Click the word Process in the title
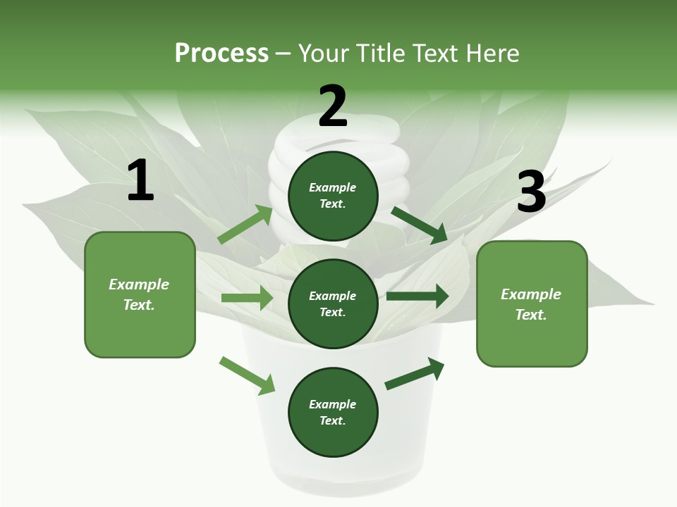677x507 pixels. coord(221,54)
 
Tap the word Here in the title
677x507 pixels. coord(491,54)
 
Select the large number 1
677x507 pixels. coord(140,181)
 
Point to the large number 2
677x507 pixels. coord(333,106)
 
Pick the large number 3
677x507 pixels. coord(531,192)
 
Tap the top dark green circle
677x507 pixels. coord(333,196)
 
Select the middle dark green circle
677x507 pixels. coord(333,303)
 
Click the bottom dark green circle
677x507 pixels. coord(333,412)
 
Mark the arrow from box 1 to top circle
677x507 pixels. coord(245,225)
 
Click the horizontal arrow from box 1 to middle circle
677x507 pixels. coord(247,298)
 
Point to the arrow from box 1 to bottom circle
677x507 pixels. coord(247,375)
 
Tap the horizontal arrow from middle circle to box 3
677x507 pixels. coord(417,296)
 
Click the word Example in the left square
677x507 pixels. coord(139,284)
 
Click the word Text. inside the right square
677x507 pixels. coord(531,315)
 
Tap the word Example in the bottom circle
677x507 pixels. coord(332,404)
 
